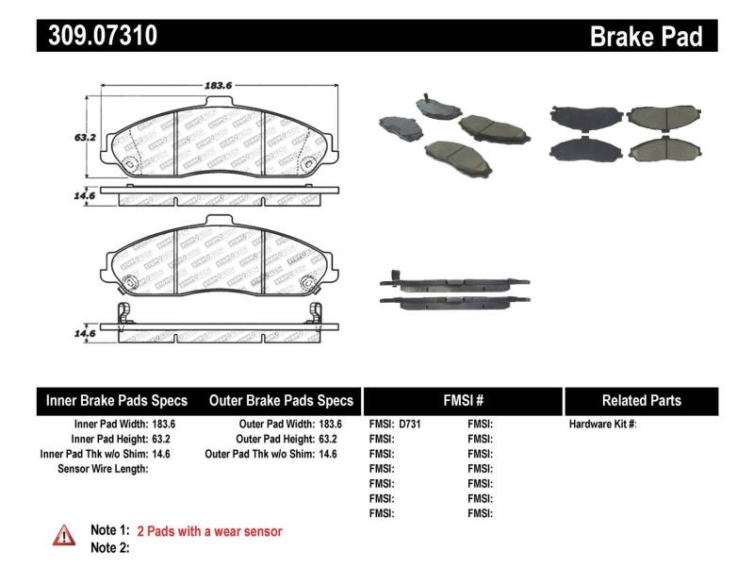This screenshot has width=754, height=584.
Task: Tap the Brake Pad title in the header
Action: (x=646, y=37)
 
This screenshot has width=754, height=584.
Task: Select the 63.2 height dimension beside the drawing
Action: (x=86, y=136)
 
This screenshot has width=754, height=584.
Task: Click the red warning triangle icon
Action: (x=63, y=534)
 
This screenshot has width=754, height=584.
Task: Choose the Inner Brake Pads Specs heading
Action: (x=117, y=400)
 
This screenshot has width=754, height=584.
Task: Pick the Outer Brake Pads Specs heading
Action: (x=281, y=400)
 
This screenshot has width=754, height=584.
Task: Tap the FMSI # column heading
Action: (x=462, y=400)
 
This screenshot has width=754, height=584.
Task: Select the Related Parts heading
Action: (x=641, y=400)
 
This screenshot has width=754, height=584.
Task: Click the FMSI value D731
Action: (x=410, y=425)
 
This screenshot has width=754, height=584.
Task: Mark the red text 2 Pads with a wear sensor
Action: (x=209, y=531)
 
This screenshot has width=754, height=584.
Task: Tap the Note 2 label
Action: (x=109, y=547)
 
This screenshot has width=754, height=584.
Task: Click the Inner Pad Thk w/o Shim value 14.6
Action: (x=162, y=454)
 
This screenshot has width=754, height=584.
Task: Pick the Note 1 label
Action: (x=109, y=531)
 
